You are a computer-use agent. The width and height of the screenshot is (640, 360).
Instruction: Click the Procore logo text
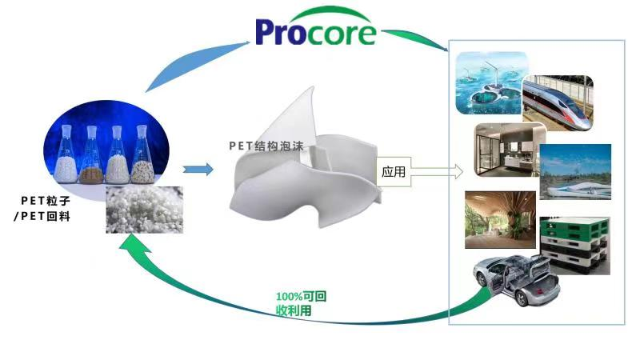coord(315,31)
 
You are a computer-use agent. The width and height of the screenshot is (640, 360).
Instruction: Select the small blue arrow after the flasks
coord(198,170)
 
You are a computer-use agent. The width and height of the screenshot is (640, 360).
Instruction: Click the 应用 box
coord(394,172)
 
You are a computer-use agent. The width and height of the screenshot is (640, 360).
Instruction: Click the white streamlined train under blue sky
coord(575,173)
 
